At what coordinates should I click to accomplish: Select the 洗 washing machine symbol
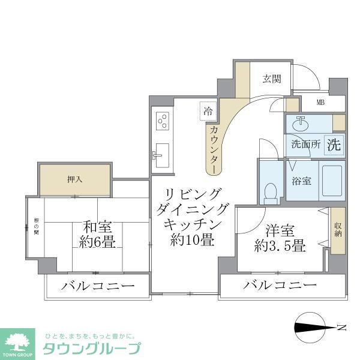click(334, 144)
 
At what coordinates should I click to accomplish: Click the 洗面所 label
click(305, 145)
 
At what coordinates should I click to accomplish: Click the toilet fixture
click(270, 191)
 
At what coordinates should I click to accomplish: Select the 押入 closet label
click(75, 179)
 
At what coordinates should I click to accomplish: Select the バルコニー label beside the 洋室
click(280, 284)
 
